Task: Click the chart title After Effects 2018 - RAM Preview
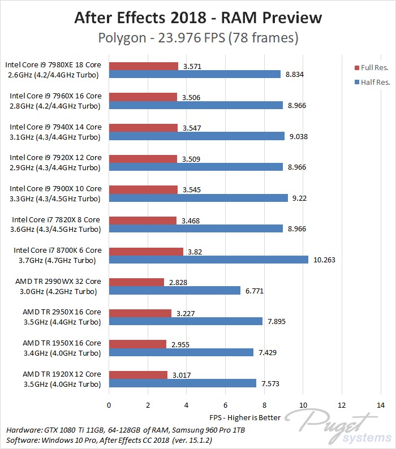tap(198, 18)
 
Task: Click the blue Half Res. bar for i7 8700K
tap(208, 260)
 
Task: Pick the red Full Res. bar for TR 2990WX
tap(136, 282)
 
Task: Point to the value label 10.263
tap(323, 260)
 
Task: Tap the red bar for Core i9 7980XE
tap(144, 66)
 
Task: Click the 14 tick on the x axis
tap(380, 405)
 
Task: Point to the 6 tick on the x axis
tap(225, 405)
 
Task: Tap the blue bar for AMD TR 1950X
tap(181, 352)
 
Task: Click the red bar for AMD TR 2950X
tap(140, 313)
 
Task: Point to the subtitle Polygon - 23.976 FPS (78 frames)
tap(198, 38)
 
